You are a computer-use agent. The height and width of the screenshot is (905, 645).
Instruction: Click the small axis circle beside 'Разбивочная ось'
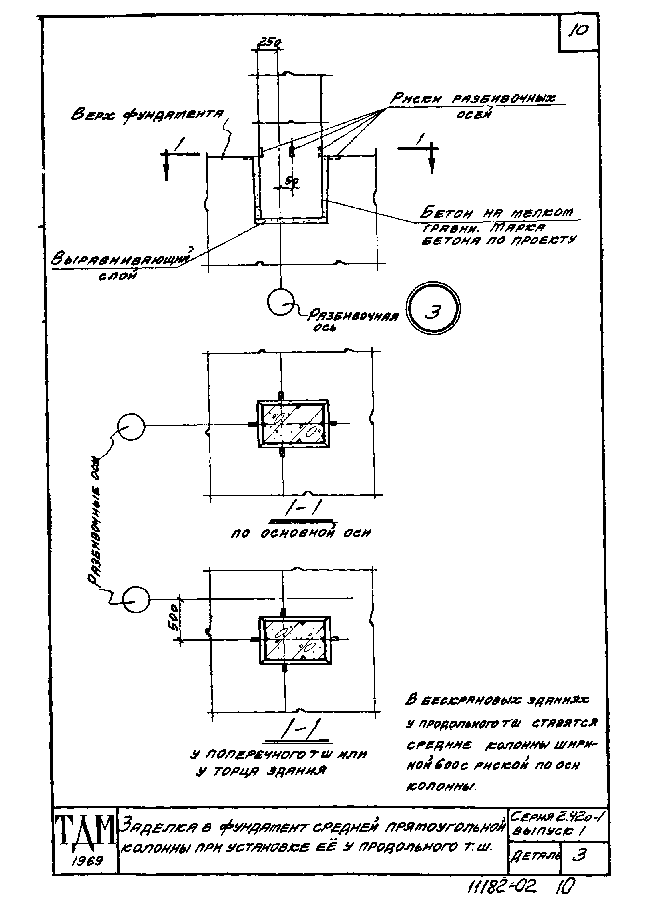pos(281,303)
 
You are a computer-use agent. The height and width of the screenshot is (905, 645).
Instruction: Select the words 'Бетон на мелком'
pos(496,213)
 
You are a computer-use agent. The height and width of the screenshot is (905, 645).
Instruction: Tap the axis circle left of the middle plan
pos(131,427)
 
